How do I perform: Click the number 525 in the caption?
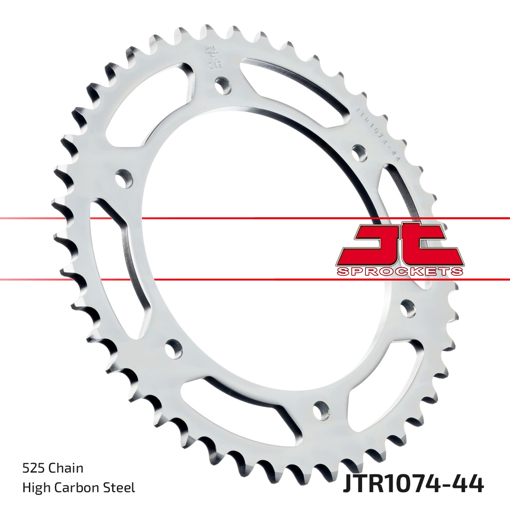click(34, 468)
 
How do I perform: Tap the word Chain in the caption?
click(66, 468)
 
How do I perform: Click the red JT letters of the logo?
click(399, 244)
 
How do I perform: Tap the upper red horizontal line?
click(255, 218)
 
